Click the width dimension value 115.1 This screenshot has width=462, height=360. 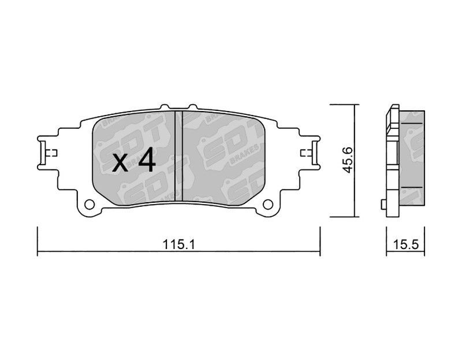click(x=179, y=244)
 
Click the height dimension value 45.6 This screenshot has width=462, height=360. click(x=348, y=160)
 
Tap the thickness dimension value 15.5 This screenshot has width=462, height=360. click(x=406, y=244)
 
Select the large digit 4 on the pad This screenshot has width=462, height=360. click(x=147, y=159)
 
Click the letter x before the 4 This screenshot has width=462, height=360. click(x=120, y=163)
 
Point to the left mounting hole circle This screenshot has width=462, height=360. click(x=90, y=204)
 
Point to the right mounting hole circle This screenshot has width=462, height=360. click(x=268, y=204)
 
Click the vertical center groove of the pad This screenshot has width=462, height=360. click(x=179, y=156)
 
